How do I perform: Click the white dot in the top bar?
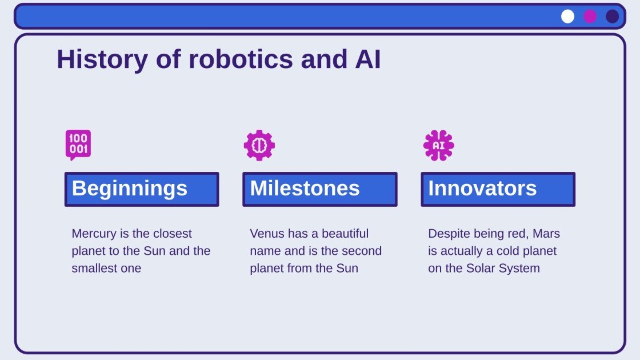(x=567, y=17)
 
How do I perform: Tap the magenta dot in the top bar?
(x=590, y=17)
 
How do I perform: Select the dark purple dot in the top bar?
(x=613, y=17)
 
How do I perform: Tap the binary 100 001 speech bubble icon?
(x=78, y=145)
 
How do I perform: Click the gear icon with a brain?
(x=259, y=145)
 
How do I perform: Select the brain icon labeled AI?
(x=438, y=145)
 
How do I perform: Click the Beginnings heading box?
(x=142, y=189)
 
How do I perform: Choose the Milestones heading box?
(x=320, y=189)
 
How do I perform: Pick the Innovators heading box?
(x=498, y=189)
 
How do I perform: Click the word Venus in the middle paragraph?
(x=266, y=234)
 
